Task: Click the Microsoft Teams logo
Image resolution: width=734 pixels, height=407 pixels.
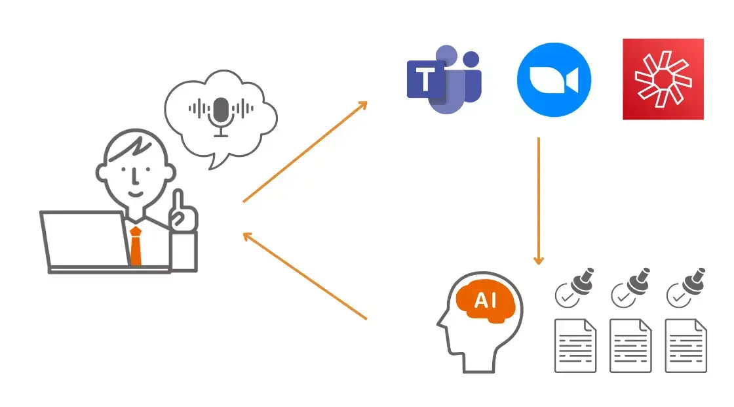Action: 444,79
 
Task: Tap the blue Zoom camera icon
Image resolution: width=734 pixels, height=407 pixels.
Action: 554,80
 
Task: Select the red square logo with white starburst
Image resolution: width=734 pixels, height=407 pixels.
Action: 663,79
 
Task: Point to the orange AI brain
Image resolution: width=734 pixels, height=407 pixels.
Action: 486,301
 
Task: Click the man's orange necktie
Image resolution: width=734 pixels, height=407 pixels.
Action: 135,246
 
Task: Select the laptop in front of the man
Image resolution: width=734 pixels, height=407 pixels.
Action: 85,240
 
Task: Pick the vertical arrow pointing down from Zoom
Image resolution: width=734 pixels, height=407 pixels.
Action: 539,200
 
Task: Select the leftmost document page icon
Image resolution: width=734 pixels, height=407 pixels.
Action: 575,346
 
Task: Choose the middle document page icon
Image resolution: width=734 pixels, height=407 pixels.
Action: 630,346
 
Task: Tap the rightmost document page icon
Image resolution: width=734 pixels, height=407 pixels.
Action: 686,346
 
